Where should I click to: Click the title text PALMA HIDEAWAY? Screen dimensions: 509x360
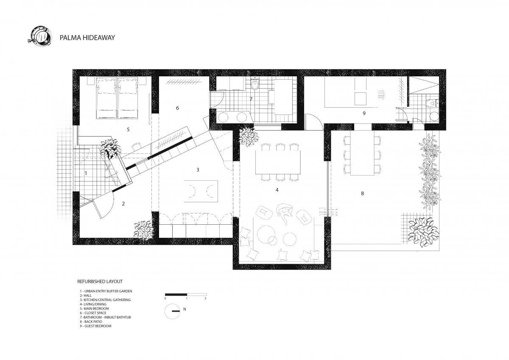click(x=87, y=37)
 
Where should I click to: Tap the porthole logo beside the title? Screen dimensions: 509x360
click(x=40, y=36)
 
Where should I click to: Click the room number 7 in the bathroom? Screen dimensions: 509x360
click(x=251, y=99)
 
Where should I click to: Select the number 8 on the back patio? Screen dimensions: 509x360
click(x=362, y=193)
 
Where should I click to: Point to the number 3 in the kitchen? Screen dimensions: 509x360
click(x=198, y=170)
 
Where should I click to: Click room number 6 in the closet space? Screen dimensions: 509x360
click(x=177, y=108)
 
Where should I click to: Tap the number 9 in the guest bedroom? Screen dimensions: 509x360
click(x=364, y=113)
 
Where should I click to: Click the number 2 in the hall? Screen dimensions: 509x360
click(x=123, y=204)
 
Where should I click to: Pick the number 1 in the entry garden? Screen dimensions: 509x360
click(x=86, y=173)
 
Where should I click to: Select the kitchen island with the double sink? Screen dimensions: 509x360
click(x=201, y=191)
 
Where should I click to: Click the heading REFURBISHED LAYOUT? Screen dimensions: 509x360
click(x=100, y=282)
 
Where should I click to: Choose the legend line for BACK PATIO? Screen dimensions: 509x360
click(x=91, y=321)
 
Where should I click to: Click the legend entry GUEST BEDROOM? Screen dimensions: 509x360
click(x=95, y=326)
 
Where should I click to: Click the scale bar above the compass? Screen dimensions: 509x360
click(x=186, y=295)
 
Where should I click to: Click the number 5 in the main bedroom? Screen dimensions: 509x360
click(x=128, y=129)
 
